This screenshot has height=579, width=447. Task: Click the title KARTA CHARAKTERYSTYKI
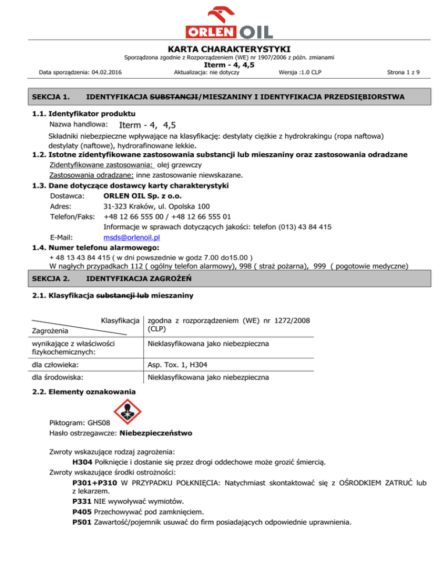coord(223,49)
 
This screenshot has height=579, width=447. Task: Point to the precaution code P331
coord(82,500)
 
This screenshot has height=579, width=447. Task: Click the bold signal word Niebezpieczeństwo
coord(157,434)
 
